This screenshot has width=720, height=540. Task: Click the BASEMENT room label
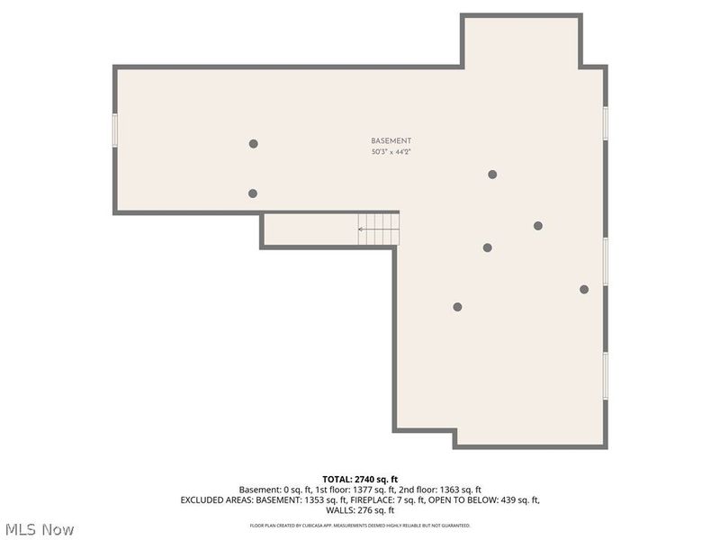[391, 141]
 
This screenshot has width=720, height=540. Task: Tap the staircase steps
[379, 229]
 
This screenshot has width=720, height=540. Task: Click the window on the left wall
[115, 128]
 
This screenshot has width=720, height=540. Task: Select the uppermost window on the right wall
[606, 122]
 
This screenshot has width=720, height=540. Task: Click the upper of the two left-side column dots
[254, 143]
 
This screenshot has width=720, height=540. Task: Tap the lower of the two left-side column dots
[253, 193]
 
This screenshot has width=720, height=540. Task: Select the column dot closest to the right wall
[584, 289]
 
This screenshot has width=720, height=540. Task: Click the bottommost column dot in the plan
[457, 307]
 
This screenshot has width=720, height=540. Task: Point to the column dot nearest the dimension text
[492, 175]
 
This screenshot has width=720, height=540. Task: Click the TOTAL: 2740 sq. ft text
[360, 479]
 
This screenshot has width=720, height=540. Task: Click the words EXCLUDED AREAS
[216, 499]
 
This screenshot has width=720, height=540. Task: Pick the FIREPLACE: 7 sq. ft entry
[353, 499]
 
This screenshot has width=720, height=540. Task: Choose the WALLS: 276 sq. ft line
[360, 510]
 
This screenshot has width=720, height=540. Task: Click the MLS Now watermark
[39, 529]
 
